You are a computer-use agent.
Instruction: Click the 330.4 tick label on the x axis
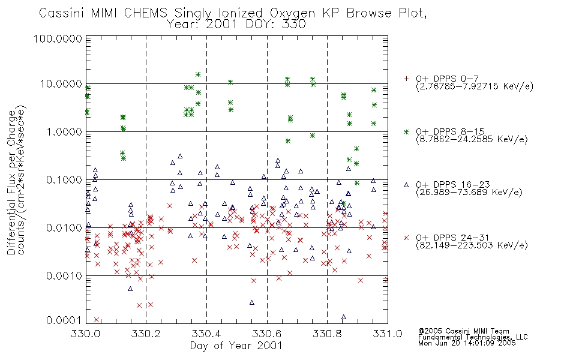206,334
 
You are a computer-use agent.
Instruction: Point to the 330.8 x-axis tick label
327,334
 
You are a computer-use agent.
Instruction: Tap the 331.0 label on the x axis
388,334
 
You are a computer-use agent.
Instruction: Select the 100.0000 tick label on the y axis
58,38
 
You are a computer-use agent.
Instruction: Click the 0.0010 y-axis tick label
64,276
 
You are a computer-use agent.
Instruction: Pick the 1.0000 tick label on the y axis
64,132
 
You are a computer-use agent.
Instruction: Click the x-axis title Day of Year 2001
236,346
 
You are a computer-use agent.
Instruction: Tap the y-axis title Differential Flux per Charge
11,182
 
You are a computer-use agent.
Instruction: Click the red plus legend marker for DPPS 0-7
406,78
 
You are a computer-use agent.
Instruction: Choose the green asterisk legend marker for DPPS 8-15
406,131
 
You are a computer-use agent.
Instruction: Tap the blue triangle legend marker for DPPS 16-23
406,185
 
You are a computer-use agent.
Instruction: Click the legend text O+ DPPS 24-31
452,238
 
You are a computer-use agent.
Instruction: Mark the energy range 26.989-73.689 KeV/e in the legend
469,193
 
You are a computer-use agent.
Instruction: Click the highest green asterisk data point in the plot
198,74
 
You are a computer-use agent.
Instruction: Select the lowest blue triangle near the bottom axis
344,317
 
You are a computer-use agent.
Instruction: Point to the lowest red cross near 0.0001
97,320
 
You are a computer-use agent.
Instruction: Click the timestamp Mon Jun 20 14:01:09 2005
467,343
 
